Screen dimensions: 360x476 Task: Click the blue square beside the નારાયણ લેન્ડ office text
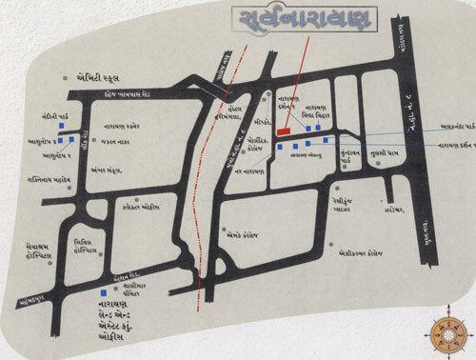(x=103, y=292)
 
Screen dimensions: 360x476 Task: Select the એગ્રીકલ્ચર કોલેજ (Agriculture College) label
(x=366, y=254)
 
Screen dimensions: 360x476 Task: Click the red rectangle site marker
(x=283, y=132)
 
